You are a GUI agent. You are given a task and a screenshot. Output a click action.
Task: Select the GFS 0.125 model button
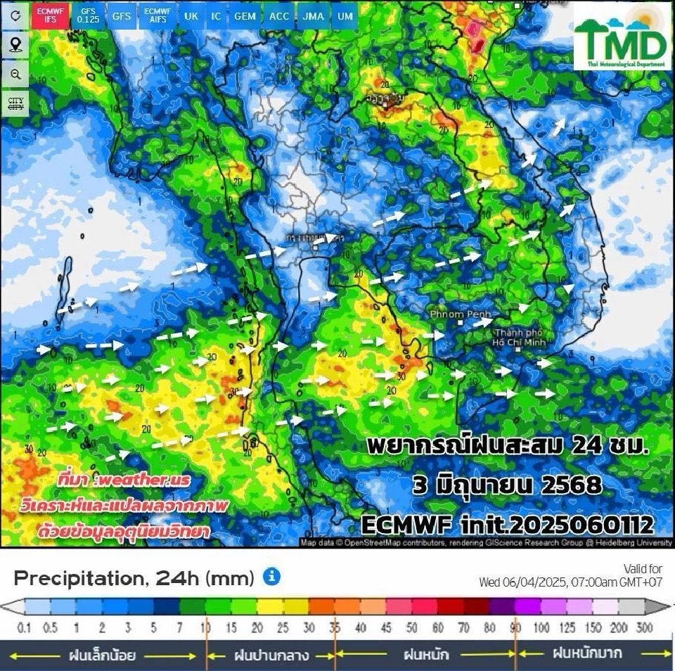[88, 15]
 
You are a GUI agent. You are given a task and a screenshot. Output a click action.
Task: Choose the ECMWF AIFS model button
[156, 15]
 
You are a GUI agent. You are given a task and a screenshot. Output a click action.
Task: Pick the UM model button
[345, 15]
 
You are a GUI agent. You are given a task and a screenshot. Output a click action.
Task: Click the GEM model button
[245, 15]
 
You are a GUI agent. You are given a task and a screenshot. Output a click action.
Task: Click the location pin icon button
[15, 45]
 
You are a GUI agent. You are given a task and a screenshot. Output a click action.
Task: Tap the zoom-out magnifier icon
[15, 74]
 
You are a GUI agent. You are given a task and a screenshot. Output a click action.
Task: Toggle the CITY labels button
[15, 104]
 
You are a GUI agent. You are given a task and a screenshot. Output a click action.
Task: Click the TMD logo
[622, 37]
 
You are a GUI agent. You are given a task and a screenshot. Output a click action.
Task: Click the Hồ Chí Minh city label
[520, 337]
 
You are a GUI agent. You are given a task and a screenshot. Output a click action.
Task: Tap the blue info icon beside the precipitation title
[271, 577]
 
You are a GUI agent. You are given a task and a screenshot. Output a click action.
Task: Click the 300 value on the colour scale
[645, 627]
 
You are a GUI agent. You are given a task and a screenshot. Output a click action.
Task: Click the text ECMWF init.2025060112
[508, 524]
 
